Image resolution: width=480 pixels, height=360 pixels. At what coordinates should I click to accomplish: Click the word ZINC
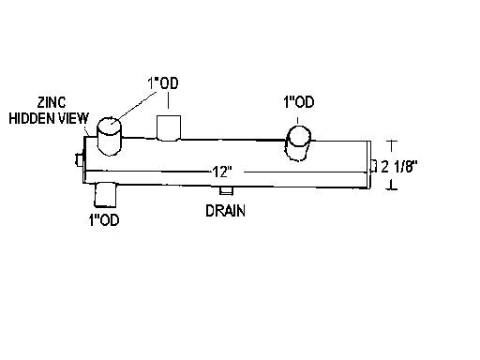pos(52,102)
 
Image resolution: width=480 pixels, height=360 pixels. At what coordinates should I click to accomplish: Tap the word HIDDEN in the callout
pos(32,118)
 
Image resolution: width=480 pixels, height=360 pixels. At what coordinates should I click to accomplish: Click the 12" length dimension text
pos(222,172)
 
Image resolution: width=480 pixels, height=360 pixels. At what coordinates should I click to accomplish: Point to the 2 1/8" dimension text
pos(399,166)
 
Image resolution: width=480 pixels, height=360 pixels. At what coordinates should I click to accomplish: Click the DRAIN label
pos(225,211)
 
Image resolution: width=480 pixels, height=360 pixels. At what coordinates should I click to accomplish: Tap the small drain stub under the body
pos(226,190)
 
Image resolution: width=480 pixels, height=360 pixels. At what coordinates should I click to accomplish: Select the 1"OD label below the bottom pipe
pos(104,220)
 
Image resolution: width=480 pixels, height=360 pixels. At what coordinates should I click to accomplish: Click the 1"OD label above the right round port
pos(299,102)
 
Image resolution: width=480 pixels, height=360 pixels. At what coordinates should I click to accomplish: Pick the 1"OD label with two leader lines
pos(163,83)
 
